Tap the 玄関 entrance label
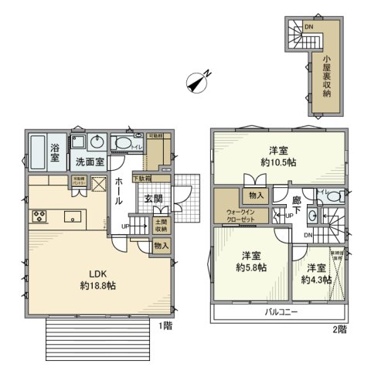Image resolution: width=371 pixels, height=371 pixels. [151, 198]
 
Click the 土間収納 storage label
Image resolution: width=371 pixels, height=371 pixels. [161, 225]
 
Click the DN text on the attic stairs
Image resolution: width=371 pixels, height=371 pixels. [309, 28]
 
